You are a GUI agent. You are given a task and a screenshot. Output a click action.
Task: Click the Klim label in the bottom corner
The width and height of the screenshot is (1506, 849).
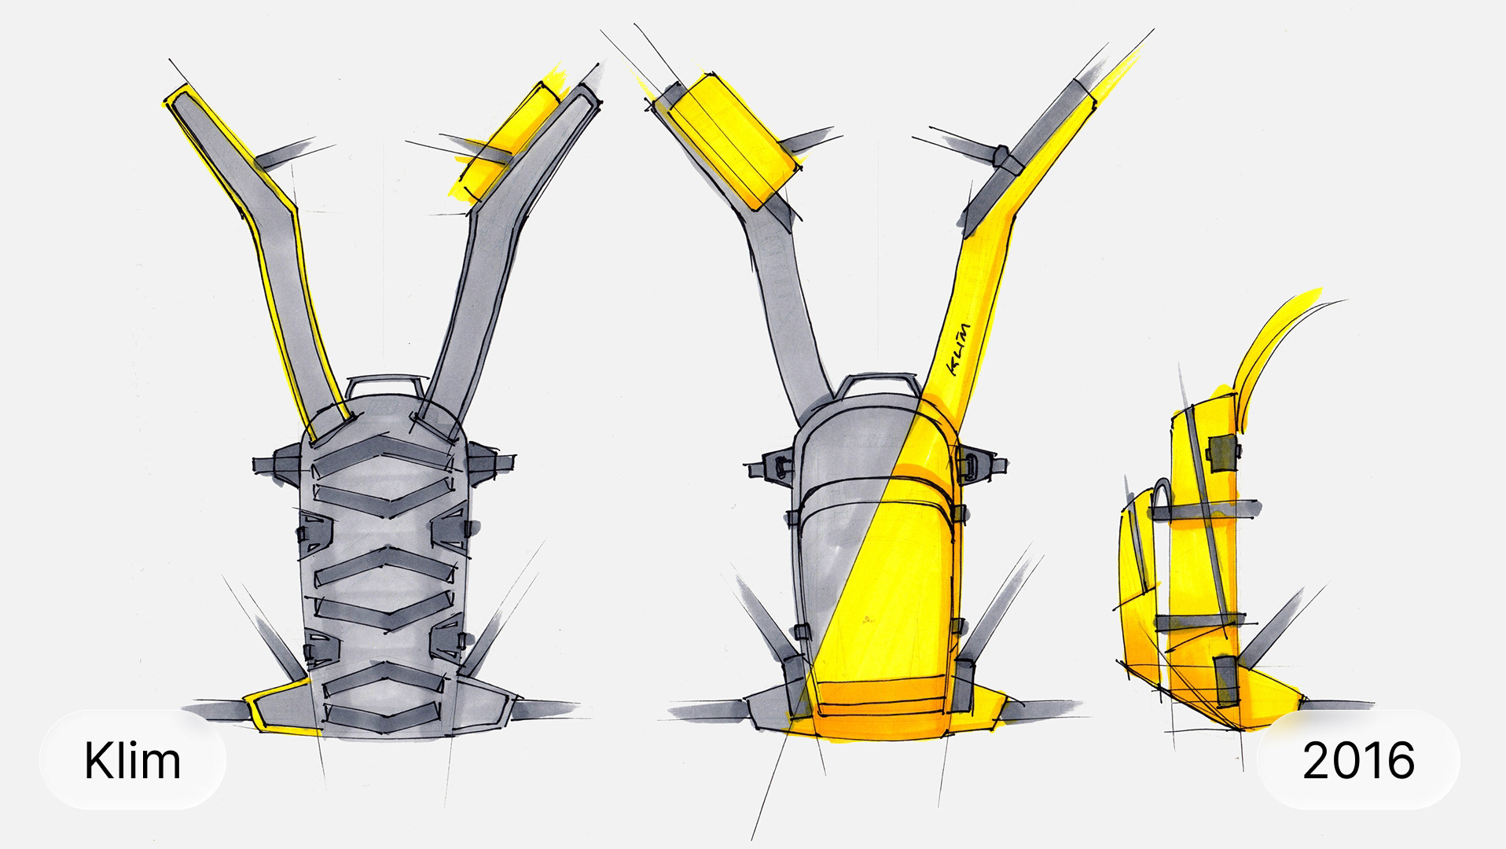(133, 760)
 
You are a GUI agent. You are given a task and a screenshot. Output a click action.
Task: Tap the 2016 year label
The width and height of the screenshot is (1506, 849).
(1358, 760)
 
